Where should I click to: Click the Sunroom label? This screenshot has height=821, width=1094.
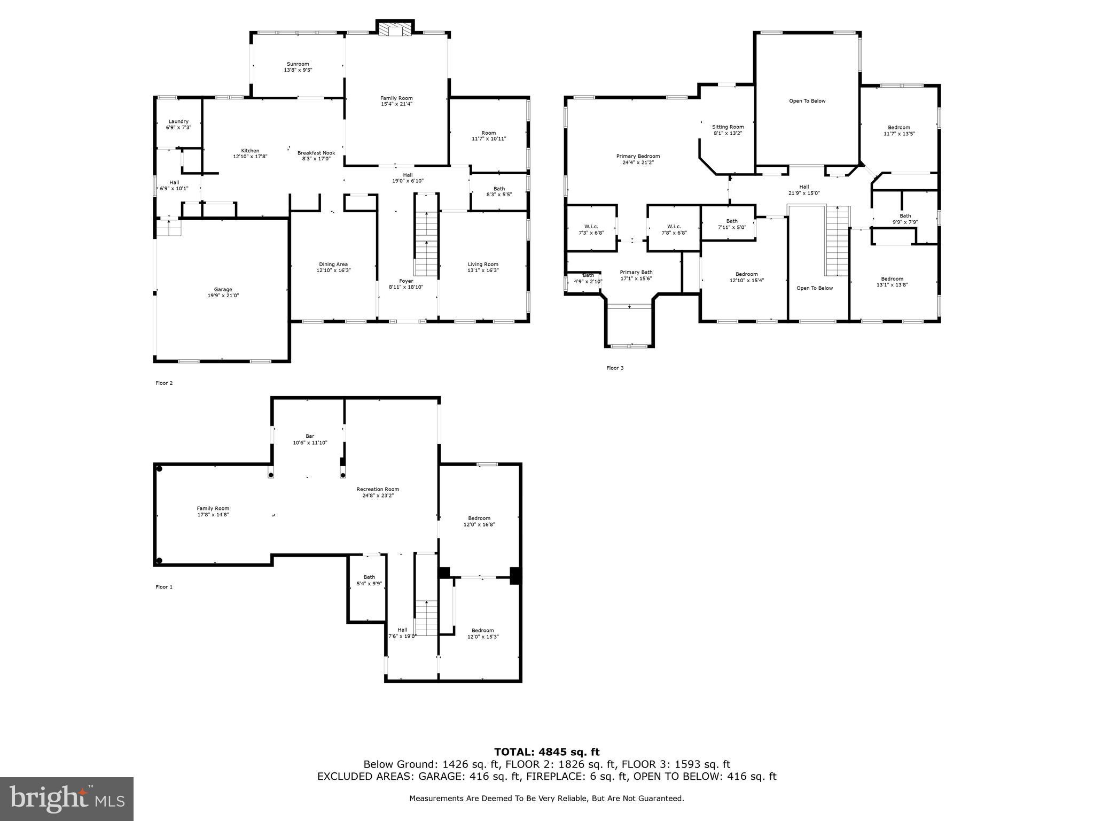(x=298, y=64)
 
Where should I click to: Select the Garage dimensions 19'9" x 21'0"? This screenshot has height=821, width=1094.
(x=223, y=296)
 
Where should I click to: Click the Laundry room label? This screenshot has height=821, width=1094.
(x=178, y=121)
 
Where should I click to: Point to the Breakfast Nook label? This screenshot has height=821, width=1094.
(x=316, y=153)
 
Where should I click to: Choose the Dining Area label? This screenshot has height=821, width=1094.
(x=333, y=264)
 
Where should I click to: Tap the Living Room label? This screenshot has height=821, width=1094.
(x=483, y=264)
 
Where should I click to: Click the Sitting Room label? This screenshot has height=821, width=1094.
(x=728, y=127)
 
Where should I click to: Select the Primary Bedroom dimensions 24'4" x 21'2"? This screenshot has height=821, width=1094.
(x=638, y=162)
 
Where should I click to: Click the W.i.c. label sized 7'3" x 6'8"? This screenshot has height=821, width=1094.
(x=591, y=226)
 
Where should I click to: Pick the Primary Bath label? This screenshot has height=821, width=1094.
(x=636, y=272)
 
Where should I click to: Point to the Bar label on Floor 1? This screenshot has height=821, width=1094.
(x=310, y=436)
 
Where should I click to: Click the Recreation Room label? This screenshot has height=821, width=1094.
(x=378, y=489)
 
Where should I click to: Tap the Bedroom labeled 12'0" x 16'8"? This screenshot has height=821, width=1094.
(x=479, y=518)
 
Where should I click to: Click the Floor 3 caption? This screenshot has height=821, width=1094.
(x=614, y=368)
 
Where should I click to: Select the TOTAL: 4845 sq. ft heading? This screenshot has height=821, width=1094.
(x=546, y=752)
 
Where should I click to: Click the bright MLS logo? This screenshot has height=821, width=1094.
(x=67, y=799)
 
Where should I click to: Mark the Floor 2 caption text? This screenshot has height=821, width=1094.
(x=164, y=383)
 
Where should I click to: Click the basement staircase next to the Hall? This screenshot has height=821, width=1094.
(x=426, y=617)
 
